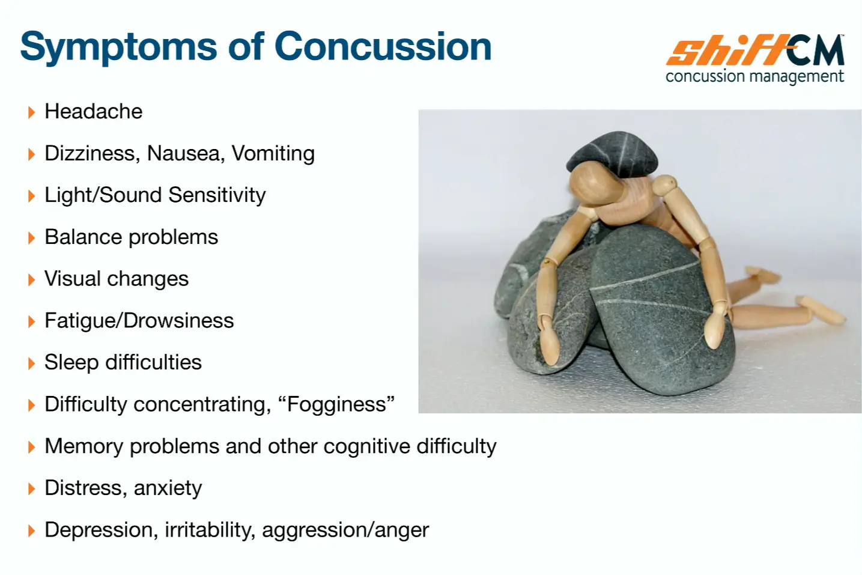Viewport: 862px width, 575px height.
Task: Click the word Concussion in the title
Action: tap(383, 47)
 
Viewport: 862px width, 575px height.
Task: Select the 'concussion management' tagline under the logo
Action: tap(754, 76)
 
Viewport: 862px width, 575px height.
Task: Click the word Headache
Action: tap(93, 112)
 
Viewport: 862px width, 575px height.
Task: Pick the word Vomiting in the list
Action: tap(273, 154)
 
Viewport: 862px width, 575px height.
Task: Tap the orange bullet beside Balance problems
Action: tap(31, 238)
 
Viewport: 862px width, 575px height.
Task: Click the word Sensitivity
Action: tap(217, 195)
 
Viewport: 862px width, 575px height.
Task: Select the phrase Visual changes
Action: tap(117, 279)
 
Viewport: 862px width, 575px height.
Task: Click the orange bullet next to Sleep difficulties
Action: tap(31, 364)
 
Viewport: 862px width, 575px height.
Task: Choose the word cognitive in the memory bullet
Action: tap(367, 446)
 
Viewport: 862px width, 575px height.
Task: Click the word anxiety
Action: tap(168, 488)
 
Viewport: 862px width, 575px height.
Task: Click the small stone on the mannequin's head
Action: tap(613, 153)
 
